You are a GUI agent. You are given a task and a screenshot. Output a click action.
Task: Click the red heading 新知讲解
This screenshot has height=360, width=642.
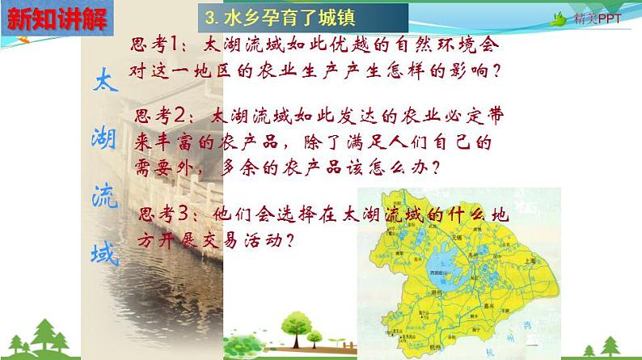point(54,18)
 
